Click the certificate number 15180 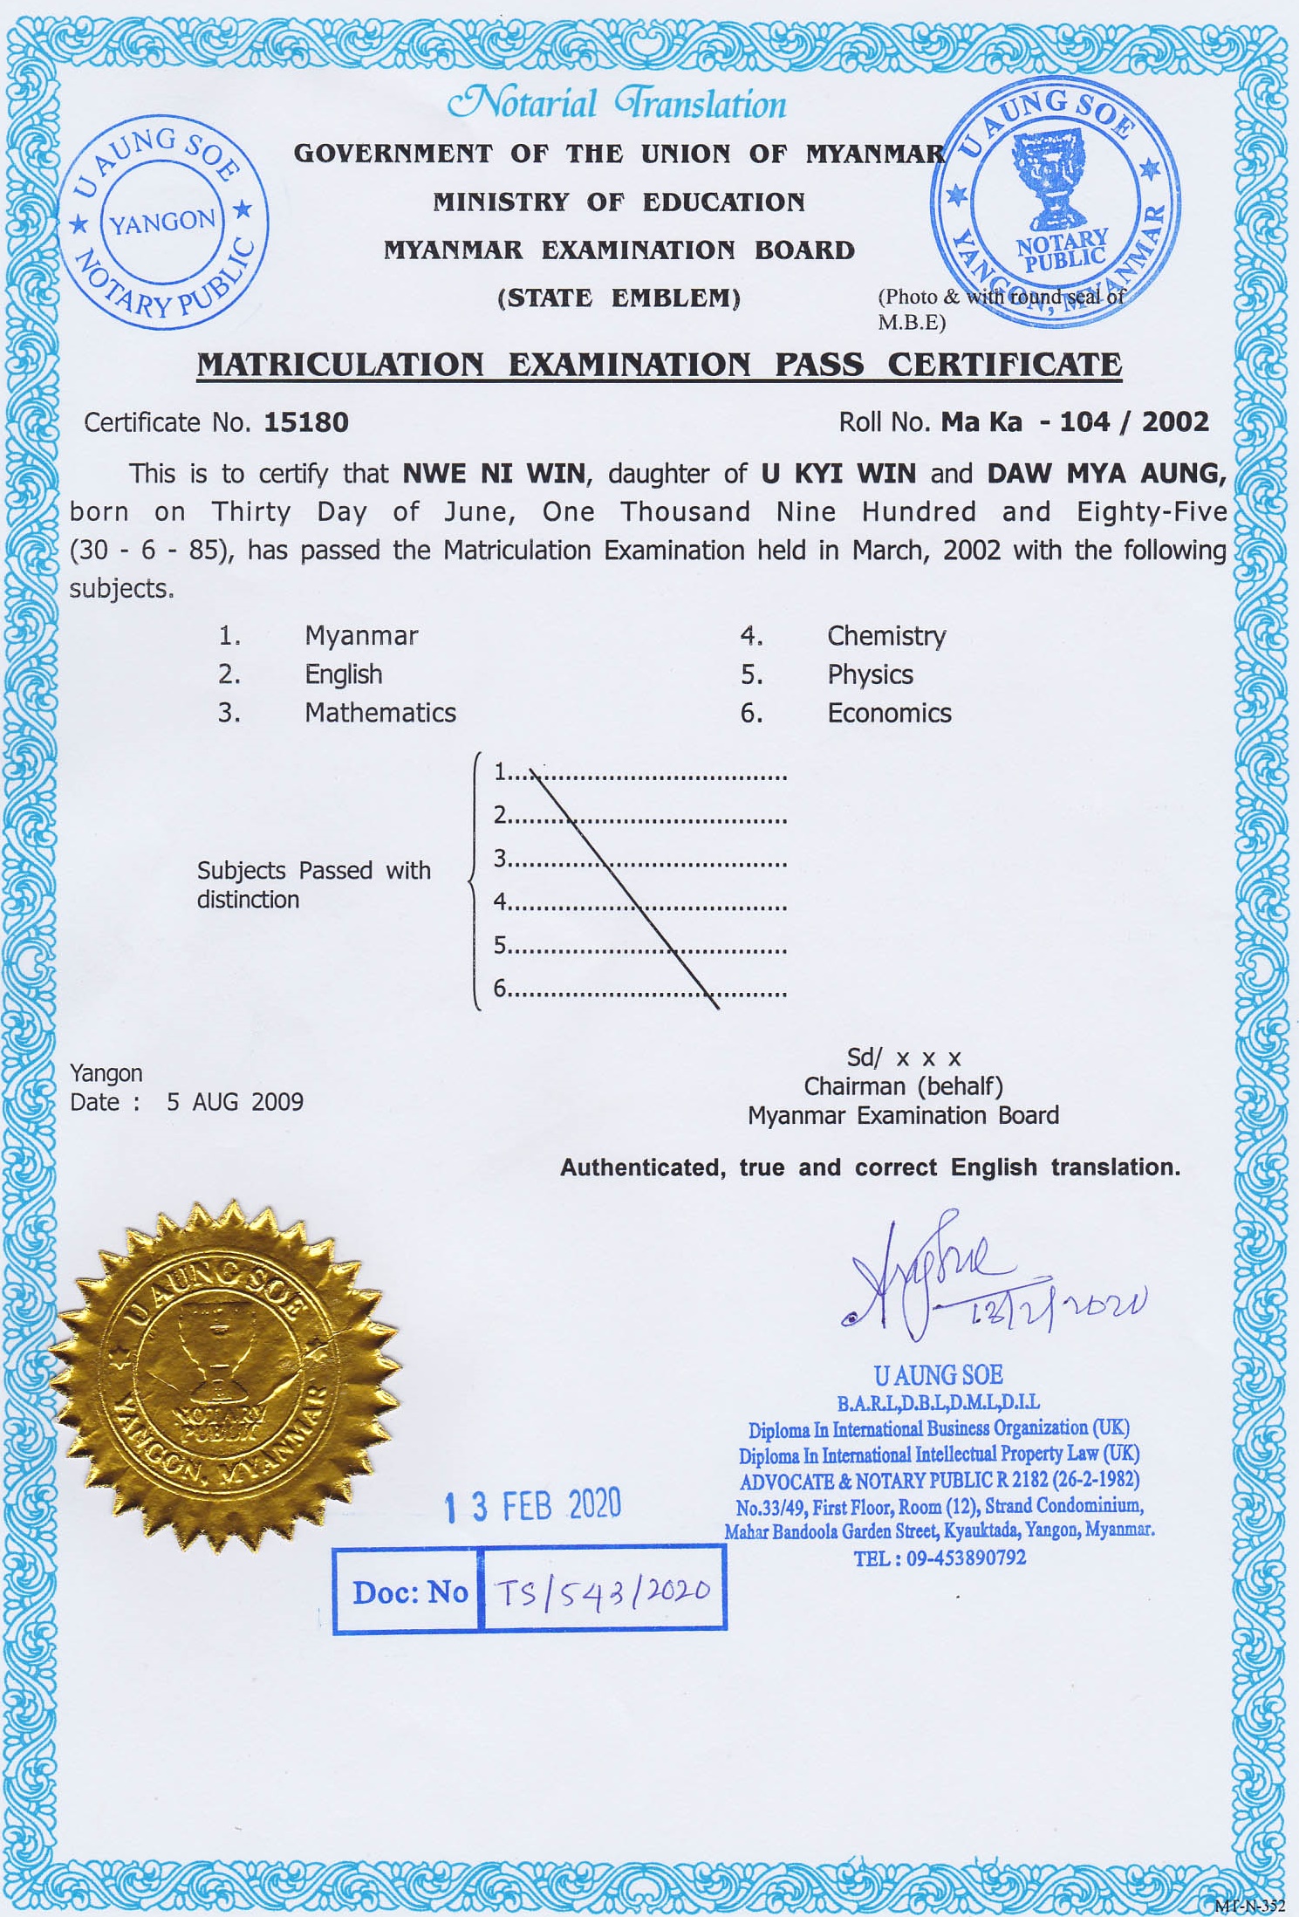(x=306, y=422)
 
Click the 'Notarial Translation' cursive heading (x=617, y=104)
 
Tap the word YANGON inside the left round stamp (x=163, y=223)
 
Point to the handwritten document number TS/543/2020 (x=603, y=1592)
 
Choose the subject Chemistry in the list (x=886, y=636)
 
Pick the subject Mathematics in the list (x=380, y=713)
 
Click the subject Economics (x=889, y=713)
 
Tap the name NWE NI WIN (x=494, y=474)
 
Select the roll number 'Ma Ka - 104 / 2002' (x=1075, y=422)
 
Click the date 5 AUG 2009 (x=235, y=1102)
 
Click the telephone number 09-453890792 (x=966, y=1558)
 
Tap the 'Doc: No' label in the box (x=410, y=1592)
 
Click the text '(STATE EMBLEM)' (x=619, y=298)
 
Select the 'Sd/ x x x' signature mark (x=904, y=1058)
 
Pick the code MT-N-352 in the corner (x=1249, y=1907)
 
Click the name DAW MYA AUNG (x=1106, y=474)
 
